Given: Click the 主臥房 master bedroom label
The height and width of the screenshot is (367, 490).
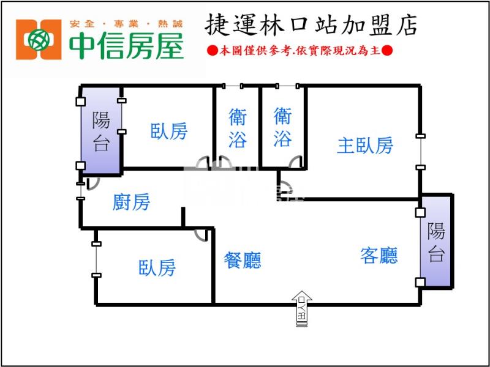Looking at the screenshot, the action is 364,146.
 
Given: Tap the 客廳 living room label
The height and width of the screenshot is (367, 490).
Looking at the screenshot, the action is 379,256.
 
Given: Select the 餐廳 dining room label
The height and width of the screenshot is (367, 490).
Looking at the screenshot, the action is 243,261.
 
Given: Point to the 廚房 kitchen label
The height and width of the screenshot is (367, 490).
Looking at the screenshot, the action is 131,202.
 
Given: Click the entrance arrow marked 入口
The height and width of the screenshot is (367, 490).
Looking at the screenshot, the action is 301,309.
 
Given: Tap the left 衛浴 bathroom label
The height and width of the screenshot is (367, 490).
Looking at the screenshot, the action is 238,128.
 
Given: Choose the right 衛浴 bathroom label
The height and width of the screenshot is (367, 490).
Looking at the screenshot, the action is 283,127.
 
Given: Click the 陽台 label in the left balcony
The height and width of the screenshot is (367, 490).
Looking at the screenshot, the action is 101,132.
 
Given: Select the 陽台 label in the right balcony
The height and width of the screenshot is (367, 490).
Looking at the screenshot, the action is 436,242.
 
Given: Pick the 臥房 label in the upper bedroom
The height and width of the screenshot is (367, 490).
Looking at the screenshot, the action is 169,131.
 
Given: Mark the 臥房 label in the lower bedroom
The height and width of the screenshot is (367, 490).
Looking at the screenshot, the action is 157,268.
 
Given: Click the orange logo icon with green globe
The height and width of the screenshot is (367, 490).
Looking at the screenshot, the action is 39,40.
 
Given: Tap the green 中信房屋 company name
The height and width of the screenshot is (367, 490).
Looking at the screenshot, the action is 126,45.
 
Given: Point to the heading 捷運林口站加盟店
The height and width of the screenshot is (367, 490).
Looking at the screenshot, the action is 311,25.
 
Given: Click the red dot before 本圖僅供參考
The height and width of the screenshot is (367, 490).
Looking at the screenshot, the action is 213,50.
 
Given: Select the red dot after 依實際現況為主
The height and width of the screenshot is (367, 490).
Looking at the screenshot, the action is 387,50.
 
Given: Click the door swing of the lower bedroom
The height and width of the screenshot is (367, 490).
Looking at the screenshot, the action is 201,235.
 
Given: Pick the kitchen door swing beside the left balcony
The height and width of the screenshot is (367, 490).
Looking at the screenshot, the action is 93,184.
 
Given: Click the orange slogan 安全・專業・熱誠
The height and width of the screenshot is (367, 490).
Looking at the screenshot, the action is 126,24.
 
